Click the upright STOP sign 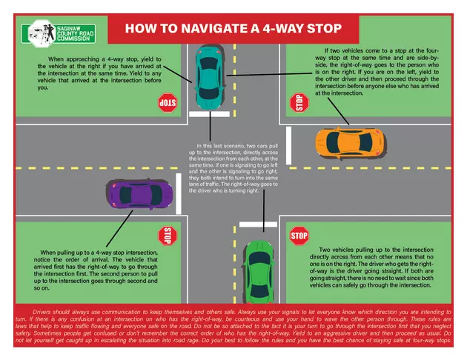pos(299,236)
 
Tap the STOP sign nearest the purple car pos(168,236)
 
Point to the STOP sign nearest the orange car pos(298,102)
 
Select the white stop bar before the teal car pos(208,114)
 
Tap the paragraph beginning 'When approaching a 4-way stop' pos(104,72)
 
